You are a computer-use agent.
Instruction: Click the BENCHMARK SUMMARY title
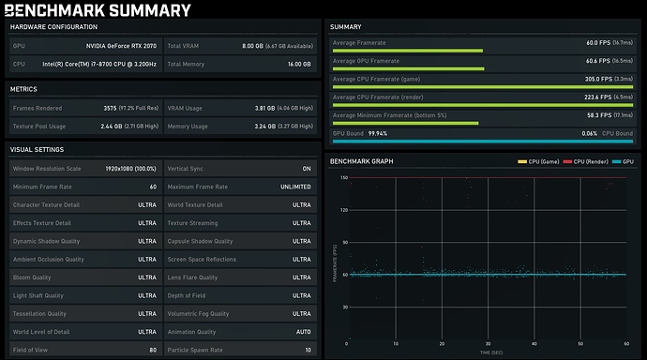coord(98,11)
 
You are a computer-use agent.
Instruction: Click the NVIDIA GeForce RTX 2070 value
coord(121,45)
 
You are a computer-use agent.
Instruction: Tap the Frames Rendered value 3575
coord(111,108)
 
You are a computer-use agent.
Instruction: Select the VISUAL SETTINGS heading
coord(38,150)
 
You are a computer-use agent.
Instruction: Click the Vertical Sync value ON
coord(306,169)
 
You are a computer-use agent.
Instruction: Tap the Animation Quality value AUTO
coord(302,332)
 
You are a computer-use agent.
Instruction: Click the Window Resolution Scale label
coord(47,169)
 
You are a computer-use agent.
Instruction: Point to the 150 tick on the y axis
coord(343,177)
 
